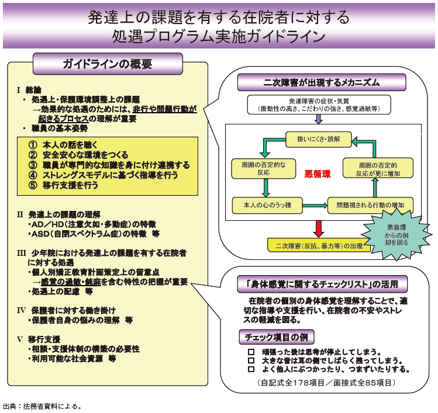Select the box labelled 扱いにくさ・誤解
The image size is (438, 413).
pos(318,139)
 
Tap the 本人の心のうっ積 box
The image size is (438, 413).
pos(265,204)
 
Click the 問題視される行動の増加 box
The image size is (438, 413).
pos(370,204)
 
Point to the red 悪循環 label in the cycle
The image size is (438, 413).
pos(318,173)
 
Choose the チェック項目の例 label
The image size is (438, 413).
pos(276,337)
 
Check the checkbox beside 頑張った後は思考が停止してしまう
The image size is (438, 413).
pos(251,352)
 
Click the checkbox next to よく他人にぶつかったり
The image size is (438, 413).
pos(251,369)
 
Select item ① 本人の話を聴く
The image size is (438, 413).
pos(64,144)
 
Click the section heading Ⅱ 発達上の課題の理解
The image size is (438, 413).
pos(59,214)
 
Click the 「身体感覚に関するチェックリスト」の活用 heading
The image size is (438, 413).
pos(322,285)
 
